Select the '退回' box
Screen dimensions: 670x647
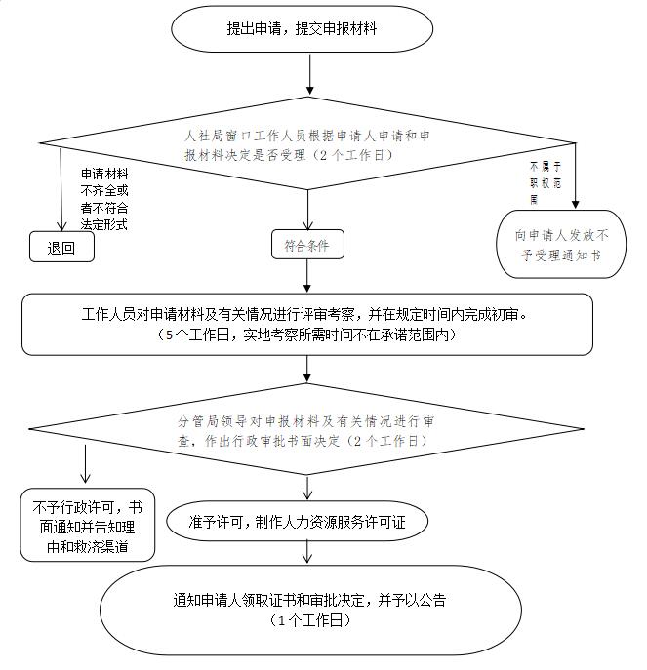(x=61, y=248)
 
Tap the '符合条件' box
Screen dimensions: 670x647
(x=307, y=246)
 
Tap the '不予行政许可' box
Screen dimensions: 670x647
(x=87, y=524)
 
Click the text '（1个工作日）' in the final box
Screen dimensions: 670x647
(x=310, y=619)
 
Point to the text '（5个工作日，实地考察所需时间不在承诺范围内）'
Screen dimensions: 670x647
(x=308, y=335)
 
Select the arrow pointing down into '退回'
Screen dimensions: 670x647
(x=61, y=190)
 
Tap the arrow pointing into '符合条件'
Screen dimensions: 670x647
(x=308, y=210)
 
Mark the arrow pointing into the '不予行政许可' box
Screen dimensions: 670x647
(x=86, y=463)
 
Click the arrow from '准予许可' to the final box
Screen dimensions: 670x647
(x=308, y=551)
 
